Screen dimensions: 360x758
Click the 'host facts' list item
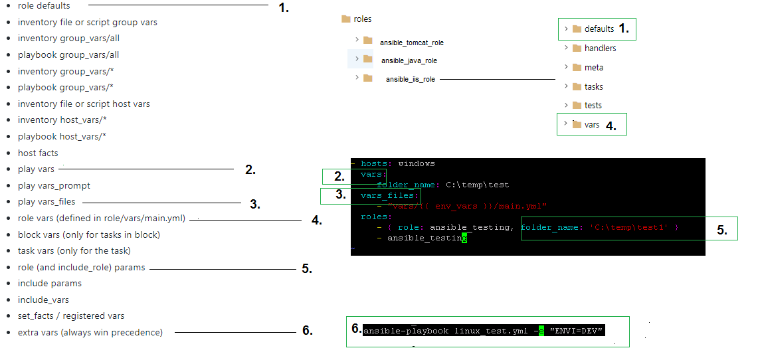pyautogui.click(x=38, y=153)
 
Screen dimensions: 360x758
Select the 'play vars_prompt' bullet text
pyautogui.click(x=54, y=186)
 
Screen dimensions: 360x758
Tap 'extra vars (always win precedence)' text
pyautogui.click(x=90, y=332)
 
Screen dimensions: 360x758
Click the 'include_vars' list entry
pyautogui.click(x=43, y=300)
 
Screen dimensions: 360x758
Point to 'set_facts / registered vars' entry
pyautogui.click(x=71, y=316)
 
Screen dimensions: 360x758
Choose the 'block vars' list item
pyautogui.click(x=88, y=234)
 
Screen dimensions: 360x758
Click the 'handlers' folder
pyautogui.click(x=600, y=48)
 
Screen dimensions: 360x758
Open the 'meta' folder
pyautogui.click(x=593, y=68)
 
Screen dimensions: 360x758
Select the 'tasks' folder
pyautogui.click(x=593, y=87)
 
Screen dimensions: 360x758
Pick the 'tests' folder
pyautogui.click(x=593, y=106)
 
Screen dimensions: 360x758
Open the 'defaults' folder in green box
pyautogui.click(x=599, y=29)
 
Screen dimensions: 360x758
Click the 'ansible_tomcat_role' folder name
pyautogui.click(x=411, y=43)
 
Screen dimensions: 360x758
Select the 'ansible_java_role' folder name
pyautogui.click(x=409, y=60)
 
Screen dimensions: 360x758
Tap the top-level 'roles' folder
pyautogui.click(x=362, y=19)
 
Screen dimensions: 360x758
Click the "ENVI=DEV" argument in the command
pyautogui.click(x=577, y=331)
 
